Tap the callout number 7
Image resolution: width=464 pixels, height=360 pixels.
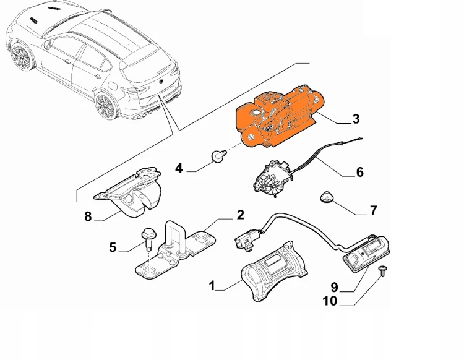point(373,211)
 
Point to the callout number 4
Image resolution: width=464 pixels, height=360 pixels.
point(179,167)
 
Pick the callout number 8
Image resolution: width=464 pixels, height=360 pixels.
point(88,216)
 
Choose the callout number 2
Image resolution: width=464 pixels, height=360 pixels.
point(239,215)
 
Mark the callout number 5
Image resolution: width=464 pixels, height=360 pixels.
point(112,247)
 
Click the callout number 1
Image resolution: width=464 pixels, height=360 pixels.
point(212,286)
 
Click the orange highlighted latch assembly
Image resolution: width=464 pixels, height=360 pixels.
point(278,118)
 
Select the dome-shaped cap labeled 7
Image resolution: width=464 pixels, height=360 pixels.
point(327,197)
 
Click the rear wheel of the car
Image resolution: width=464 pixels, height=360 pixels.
point(106,105)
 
